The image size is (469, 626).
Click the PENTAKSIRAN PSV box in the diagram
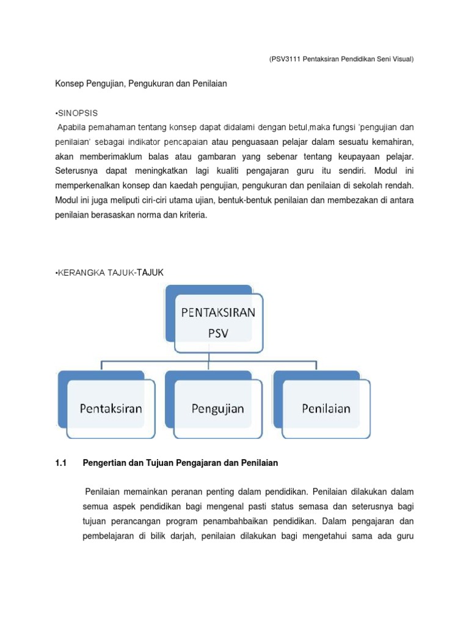click(x=218, y=323)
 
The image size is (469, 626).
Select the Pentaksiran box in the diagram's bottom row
click(x=111, y=408)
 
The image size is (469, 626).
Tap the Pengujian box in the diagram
click(x=217, y=408)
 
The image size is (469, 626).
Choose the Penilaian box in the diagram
click(x=326, y=408)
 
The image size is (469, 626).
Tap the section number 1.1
click(x=60, y=463)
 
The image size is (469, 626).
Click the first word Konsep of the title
click(x=68, y=83)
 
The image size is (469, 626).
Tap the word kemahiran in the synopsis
click(x=391, y=142)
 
